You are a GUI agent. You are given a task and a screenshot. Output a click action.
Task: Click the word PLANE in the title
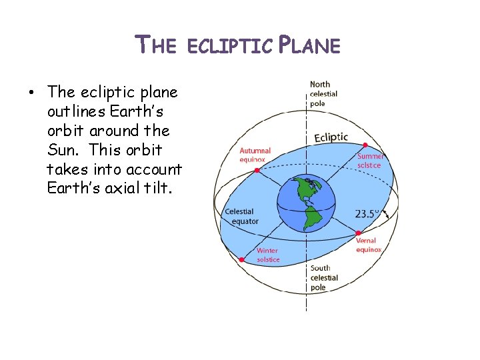pos(309,45)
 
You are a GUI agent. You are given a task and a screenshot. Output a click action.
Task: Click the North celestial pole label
pos(323,94)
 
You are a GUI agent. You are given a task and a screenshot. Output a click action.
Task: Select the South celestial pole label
pos(324,277)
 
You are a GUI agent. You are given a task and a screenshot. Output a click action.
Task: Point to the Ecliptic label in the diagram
pos(331,137)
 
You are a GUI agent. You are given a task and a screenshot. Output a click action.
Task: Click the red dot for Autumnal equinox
pos(257,170)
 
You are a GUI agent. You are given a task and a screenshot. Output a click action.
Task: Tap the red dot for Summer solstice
pos(365,145)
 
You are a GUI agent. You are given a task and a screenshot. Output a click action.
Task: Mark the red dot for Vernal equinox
pos(359,233)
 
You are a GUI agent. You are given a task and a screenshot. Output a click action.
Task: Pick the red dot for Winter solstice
pos(241,259)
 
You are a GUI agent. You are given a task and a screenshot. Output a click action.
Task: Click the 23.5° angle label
pos(366,214)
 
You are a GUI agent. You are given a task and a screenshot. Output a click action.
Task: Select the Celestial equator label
pos(241,216)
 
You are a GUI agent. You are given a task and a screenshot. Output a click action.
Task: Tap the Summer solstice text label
pos(371,160)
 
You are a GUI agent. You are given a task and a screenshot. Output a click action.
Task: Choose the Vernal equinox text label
pos(368,245)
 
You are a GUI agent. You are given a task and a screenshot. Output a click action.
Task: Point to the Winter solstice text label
pos(268,255)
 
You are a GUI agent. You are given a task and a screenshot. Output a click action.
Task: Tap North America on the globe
pos(304,189)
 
